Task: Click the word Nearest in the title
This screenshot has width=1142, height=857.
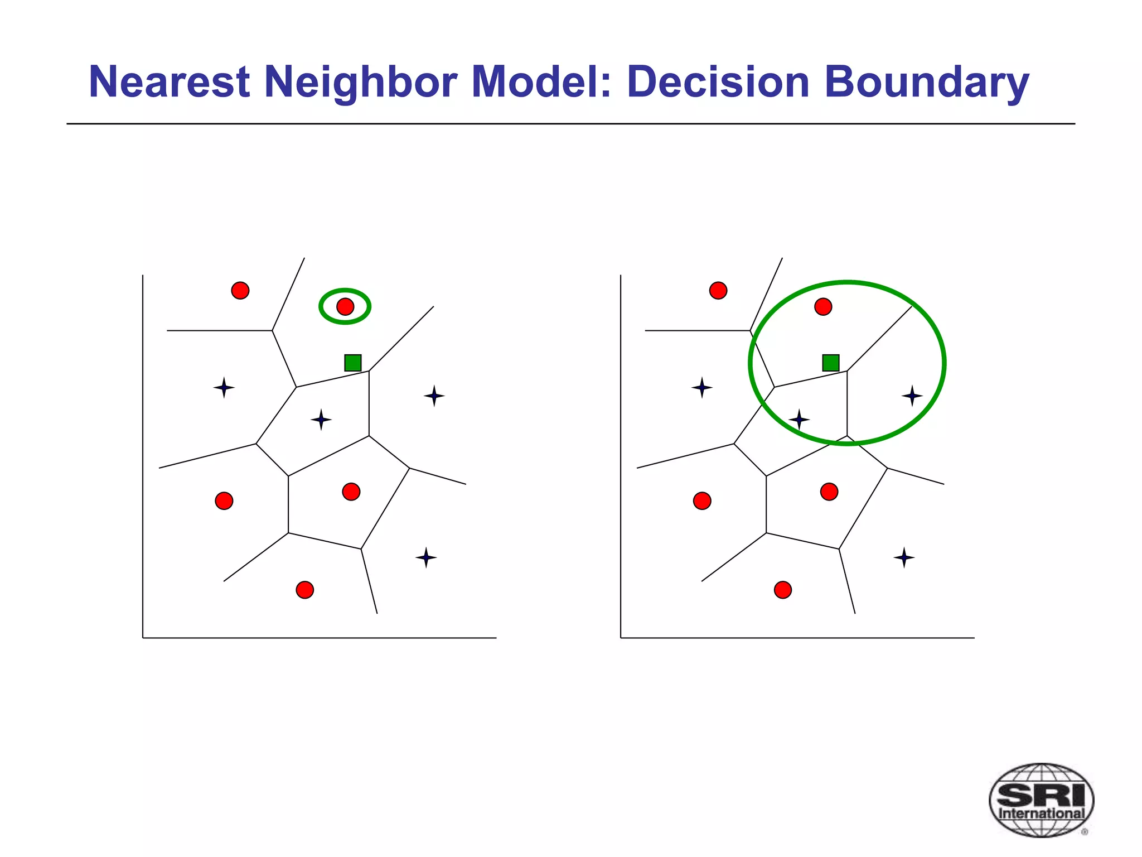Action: pos(169,82)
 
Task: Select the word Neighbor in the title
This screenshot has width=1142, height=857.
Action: pos(360,82)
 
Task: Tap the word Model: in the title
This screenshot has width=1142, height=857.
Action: pos(541,82)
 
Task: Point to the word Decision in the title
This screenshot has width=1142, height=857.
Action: pos(718,82)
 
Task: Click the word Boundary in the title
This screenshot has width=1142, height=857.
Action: pos(926,82)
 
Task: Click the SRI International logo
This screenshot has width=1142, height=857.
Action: pos(1041,800)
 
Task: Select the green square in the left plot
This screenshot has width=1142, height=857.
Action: pos(353,363)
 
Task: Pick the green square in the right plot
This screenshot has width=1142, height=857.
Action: pos(831,363)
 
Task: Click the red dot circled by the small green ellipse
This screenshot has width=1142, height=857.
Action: pos(345,306)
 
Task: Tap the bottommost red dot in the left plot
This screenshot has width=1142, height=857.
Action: pos(304,590)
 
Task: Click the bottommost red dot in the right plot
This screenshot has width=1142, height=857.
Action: pos(783,590)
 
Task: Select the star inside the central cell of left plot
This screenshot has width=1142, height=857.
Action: pos(321,420)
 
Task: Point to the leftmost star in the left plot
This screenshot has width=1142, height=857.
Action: pos(224,387)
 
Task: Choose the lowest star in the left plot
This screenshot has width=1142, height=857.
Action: pos(426,557)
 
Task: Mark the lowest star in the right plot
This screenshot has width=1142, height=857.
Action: pos(904,557)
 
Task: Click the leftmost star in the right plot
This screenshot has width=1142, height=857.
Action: pos(702,387)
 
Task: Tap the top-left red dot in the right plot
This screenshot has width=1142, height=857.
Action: pos(718,291)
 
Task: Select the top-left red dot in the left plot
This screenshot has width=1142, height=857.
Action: pos(240,291)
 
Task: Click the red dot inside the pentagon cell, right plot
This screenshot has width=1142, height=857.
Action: pos(829,492)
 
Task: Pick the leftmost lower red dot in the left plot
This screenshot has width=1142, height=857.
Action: pos(224,500)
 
